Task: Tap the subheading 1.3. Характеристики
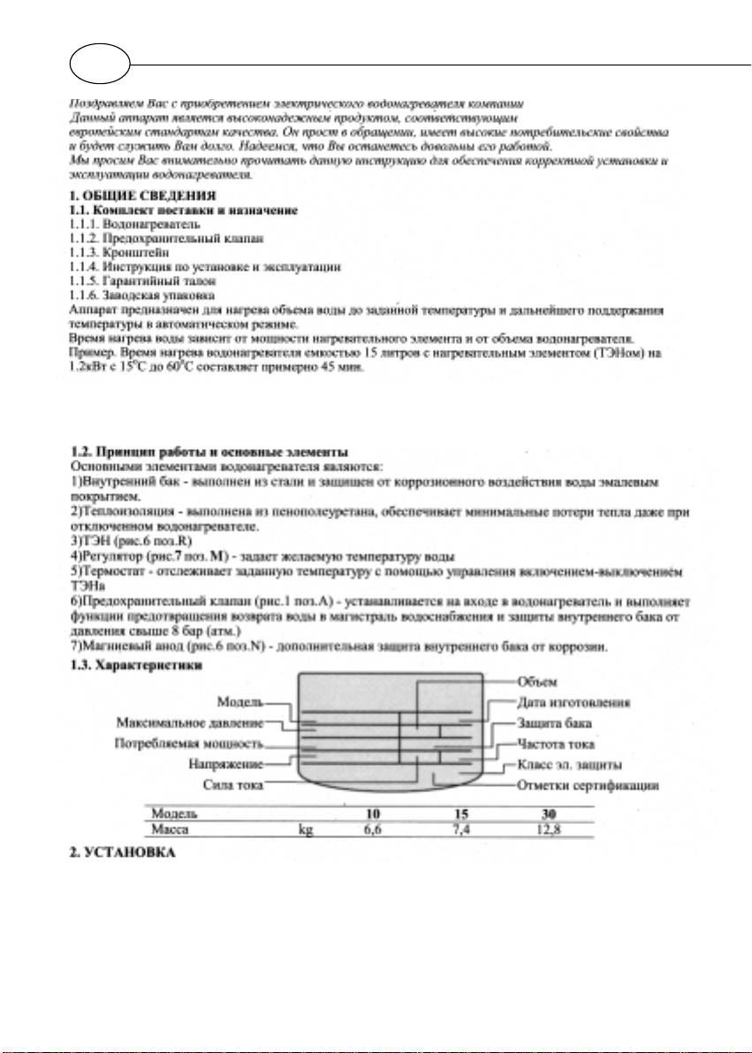tap(138, 666)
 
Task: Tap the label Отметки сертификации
tap(586, 784)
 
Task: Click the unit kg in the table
tap(308, 829)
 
